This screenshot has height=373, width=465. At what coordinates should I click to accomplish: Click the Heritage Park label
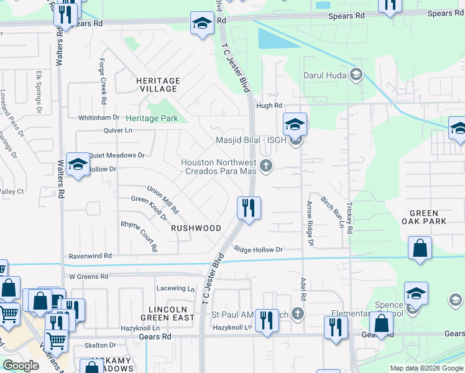coord(152,118)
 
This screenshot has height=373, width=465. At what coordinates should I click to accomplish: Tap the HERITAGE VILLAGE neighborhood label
coord(158,85)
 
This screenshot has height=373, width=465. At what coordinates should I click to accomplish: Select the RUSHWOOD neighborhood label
coord(196,228)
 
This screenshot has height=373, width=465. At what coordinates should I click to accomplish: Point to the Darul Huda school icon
coord(356,75)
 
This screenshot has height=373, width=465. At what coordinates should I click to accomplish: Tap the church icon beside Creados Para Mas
coord(267,165)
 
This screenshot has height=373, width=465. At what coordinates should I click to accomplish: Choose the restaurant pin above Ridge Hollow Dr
coord(249,208)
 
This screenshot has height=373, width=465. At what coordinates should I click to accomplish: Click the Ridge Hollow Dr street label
coord(258,249)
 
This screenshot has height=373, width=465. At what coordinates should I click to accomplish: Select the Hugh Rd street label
coord(269,106)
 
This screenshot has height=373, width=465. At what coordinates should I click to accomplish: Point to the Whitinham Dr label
coord(98,117)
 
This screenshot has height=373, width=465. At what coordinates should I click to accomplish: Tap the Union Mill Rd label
coord(162,198)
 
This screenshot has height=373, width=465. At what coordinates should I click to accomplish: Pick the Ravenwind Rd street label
coord(90,256)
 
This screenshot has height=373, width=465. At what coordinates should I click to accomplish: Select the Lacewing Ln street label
coord(175,288)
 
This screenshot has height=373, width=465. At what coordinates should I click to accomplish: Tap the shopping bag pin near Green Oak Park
coord(420,248)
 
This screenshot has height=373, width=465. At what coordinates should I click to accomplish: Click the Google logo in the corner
coord(21,366)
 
